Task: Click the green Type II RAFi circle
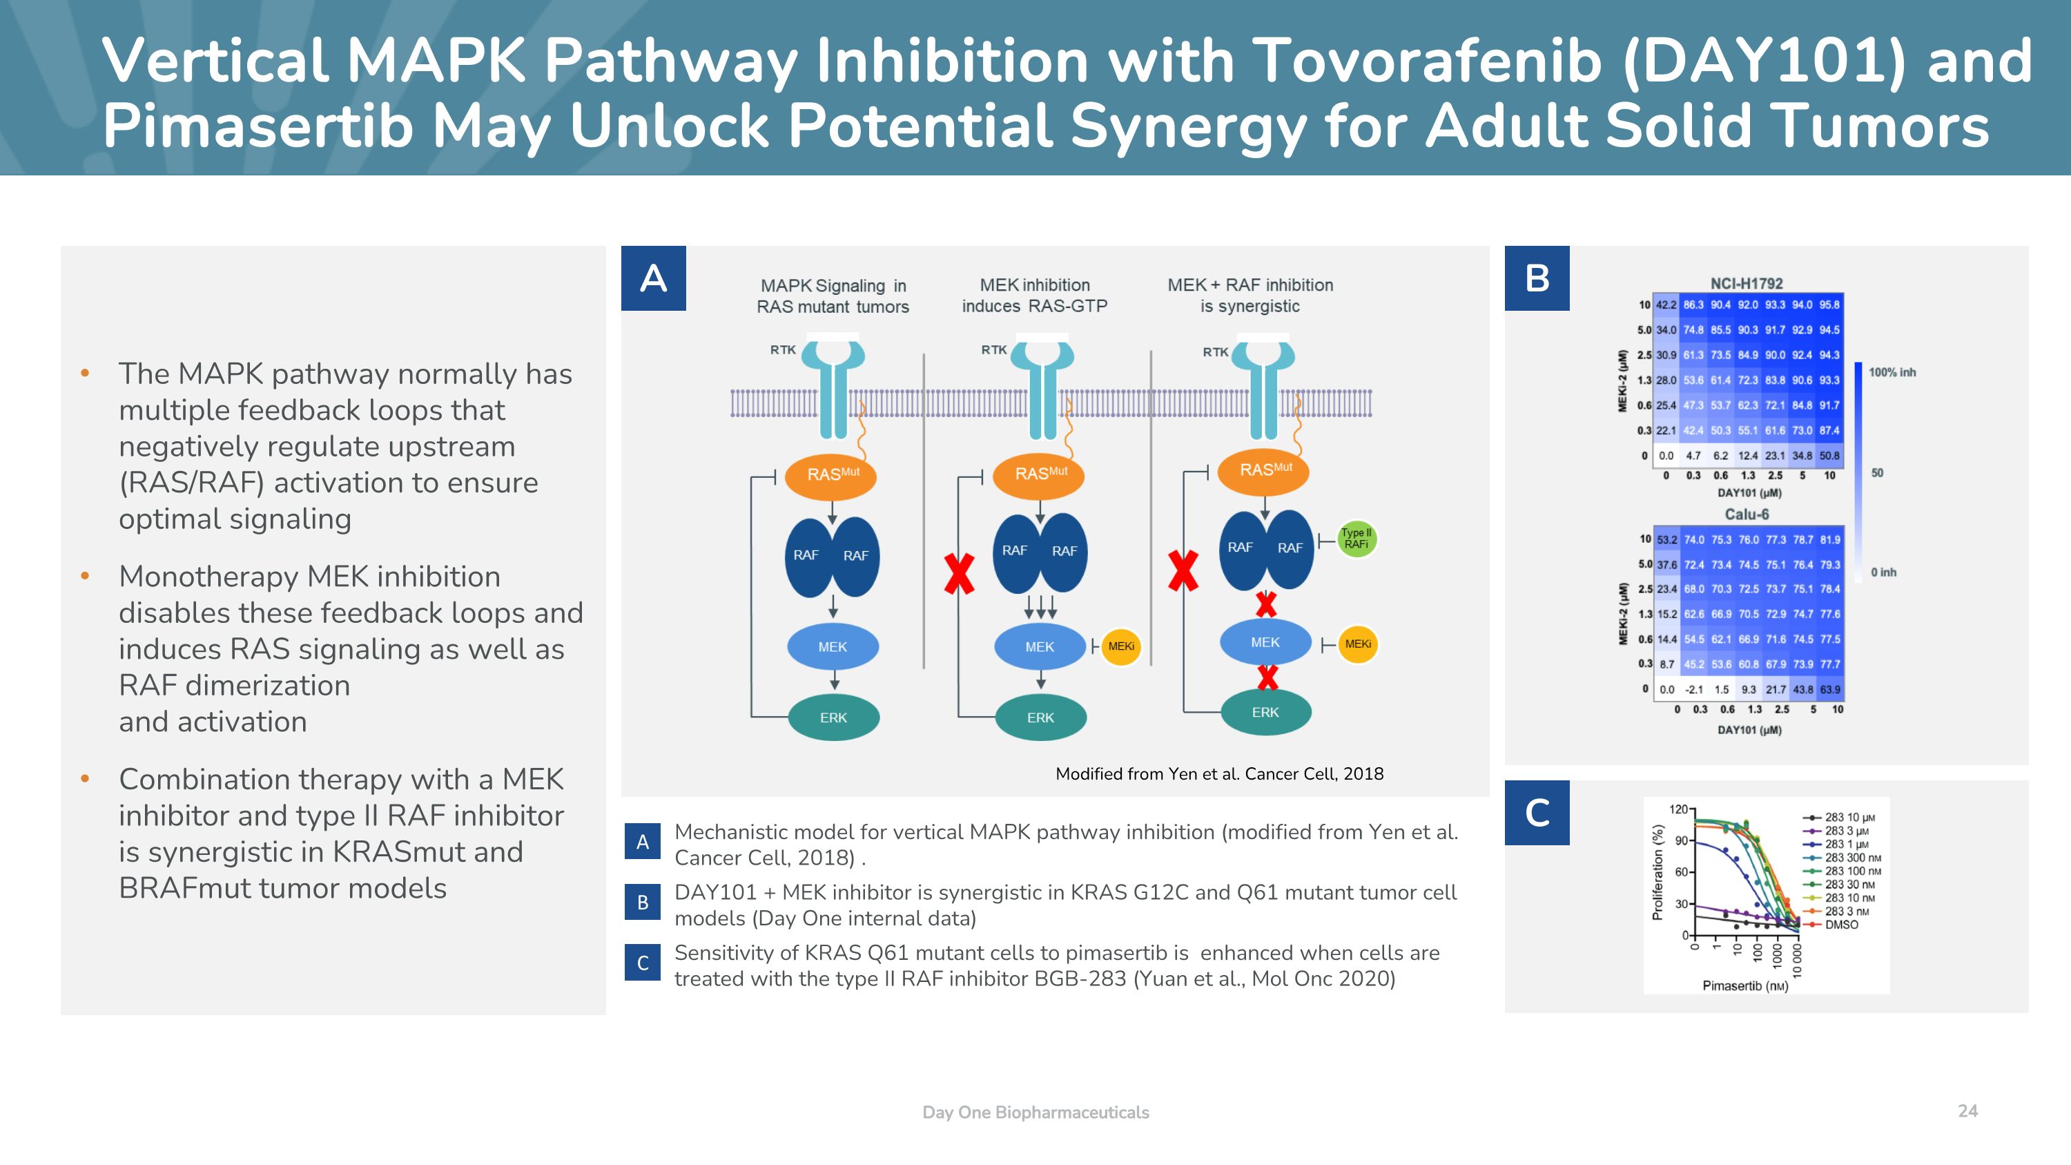coord(1357,539)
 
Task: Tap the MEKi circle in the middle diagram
coord(1120,646)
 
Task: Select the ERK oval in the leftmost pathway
coord(834,718)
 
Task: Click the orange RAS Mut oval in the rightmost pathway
coord(1264,470)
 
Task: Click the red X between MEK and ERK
coord(1267,677)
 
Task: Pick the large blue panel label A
coord(653,278)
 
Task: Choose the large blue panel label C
coord(1537,812)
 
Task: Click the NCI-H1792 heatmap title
coord(1747,283)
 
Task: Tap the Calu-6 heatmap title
coord(1747,514)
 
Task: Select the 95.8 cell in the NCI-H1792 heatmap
coord(1830,305)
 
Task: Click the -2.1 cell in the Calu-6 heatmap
coord(1694,689)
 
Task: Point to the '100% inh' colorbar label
coord(1892,372)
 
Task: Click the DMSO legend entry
coord(1841,925)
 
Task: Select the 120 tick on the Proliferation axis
coord(1679,809)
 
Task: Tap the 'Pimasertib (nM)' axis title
coord(1745,985)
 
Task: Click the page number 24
coord(1967,1110)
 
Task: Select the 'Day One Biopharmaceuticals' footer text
coord(1035,1112)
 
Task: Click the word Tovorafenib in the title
coord(1427,61)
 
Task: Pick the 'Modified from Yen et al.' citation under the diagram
coord(1219,773)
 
